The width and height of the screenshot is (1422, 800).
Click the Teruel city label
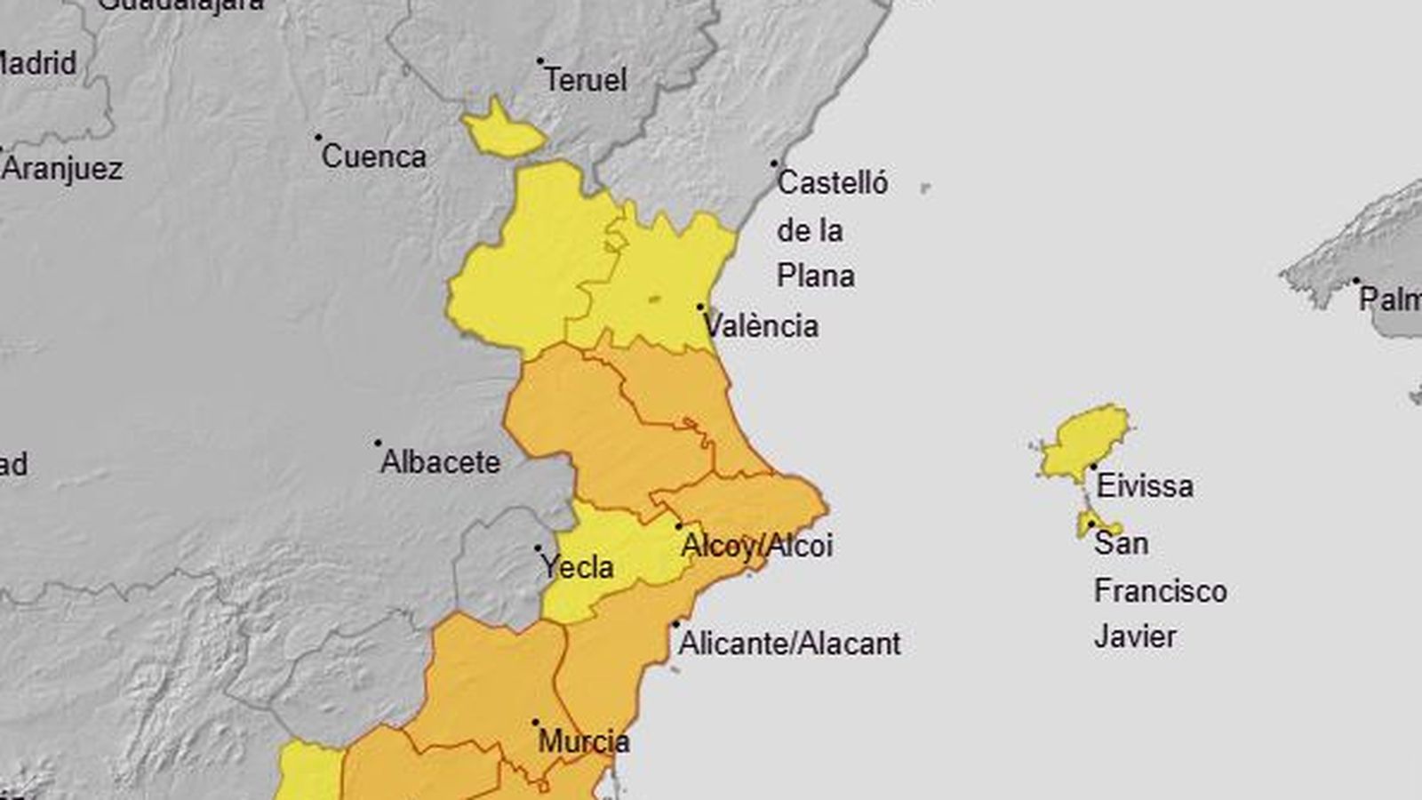click(586, 80)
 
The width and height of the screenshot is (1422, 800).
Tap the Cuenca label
click(373, 157)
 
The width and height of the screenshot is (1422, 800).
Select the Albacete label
click(440, 462)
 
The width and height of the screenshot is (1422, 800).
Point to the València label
click(762, 326)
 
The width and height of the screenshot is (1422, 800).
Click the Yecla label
click(578, 567)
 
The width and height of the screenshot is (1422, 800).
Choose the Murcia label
click(584, 741)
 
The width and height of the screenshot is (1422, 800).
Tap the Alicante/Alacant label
click(789, 644)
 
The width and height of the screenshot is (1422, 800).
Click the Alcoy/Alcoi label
click(756, 546)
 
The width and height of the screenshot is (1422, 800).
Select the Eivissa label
click(1145, 486)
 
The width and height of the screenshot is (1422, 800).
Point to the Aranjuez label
click(61, 169)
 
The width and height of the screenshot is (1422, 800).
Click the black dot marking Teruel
click(539, 61)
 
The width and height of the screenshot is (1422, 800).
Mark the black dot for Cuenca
click(318, 138)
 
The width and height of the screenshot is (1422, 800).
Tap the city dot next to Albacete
click(378, 443)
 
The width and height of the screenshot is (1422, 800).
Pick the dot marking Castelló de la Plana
click(774, 164)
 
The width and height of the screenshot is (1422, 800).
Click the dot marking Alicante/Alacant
click(675, 624)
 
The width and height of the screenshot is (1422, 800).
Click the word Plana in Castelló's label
click(815, 276)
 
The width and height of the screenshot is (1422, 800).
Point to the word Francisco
click(1160, 591)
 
